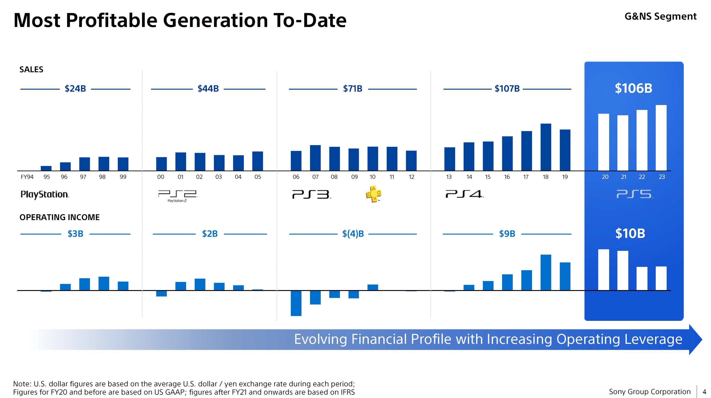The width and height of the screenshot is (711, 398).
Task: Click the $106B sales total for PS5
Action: (633, 88)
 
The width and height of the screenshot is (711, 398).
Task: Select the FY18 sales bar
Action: (546, 147)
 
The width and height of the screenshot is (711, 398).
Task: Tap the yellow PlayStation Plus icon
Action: (373, 194)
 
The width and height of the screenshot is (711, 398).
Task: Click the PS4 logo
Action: (464, 194)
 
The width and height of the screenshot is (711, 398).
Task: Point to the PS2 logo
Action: (178, 195)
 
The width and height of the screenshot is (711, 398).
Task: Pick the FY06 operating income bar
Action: (296, 303)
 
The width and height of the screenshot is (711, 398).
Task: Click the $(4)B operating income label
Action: (353, 234)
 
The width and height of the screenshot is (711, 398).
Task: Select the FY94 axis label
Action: (27, 177)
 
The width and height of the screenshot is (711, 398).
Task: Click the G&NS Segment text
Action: (660, 16)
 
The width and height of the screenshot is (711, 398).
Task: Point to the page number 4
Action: (704, 392)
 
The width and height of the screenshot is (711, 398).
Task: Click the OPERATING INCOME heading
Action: (60, 217)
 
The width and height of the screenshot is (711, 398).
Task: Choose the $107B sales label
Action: (507, 89)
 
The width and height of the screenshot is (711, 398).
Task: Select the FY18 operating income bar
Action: (546, 272)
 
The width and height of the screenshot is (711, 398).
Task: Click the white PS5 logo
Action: (635, 194)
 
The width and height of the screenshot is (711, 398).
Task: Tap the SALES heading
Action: (31, 70)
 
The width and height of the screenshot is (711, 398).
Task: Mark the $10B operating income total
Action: (630, 233)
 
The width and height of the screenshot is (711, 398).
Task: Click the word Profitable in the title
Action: (111, 21)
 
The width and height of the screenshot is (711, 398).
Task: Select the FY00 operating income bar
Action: (161, 293)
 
